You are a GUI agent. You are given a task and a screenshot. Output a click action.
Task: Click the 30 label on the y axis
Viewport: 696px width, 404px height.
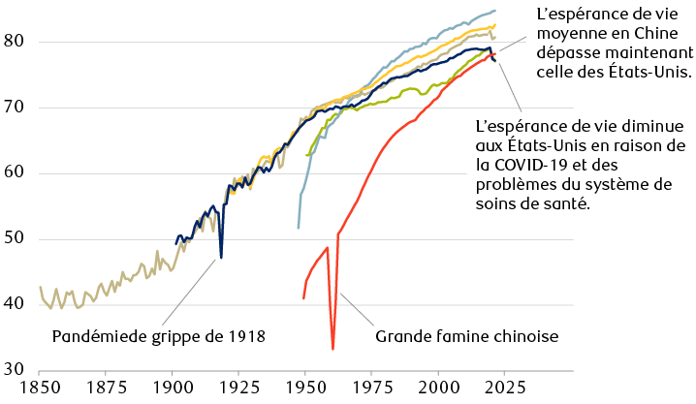[13, 369]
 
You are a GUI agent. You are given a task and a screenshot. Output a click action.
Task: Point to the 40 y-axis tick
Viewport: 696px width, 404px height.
[13, 304]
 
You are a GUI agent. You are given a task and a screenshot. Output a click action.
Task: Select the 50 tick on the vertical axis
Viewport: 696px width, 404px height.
[13, 239]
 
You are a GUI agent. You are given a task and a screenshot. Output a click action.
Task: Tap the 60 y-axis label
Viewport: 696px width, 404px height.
[13, 173]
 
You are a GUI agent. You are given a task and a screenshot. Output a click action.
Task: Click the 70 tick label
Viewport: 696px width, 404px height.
[13, 108]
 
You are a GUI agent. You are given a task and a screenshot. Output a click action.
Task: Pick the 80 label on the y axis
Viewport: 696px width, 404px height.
[13, 42]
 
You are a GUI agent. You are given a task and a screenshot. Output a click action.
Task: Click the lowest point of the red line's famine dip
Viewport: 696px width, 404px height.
[332, 349]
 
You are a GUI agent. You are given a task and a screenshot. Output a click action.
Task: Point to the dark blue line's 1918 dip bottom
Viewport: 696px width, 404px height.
[221, 258]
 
